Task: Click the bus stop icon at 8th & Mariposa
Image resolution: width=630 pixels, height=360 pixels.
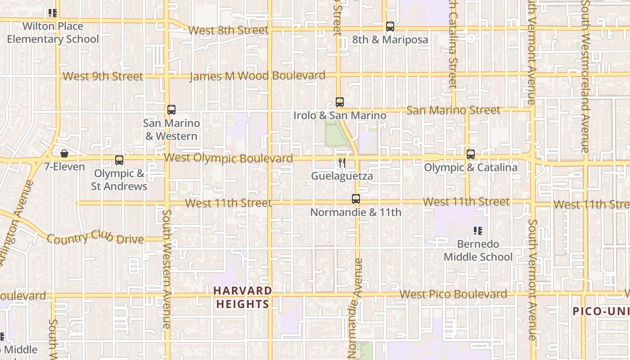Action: [x=390, y=27]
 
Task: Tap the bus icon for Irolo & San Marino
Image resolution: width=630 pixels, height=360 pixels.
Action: [x=340, y=102]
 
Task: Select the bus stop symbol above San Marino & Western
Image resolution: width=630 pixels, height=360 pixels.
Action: [x=171, y=109]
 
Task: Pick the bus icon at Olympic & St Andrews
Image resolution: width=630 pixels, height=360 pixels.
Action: [x=119, y=160]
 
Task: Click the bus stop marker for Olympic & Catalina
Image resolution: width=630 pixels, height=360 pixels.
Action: [x=471, y=154]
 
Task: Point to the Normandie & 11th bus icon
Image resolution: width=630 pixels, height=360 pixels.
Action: [x=356, y=198]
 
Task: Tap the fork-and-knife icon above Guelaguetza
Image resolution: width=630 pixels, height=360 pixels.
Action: [x=342, y=163]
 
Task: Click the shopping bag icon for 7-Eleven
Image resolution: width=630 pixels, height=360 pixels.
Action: [x=64, y=153]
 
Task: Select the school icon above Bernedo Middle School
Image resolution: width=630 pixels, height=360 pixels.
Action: [x=478, y=231]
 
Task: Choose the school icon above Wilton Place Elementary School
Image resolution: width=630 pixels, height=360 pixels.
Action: [x=53, y=13]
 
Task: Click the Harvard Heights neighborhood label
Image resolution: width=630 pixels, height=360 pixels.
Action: [x=243, y=297]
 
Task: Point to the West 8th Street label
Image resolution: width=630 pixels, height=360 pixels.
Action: [x=228, y=31]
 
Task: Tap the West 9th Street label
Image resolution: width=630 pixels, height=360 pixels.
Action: [x=103, y=76]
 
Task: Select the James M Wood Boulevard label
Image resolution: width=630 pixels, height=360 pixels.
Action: [x=257, y=76]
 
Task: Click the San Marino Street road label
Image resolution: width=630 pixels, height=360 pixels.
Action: [x=453, y=110]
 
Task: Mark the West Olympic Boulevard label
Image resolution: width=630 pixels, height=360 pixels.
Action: [x=229, y=158]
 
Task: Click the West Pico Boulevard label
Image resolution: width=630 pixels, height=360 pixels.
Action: [x=453, y=294]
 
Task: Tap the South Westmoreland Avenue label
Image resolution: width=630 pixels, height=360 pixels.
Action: [x=585, y=76]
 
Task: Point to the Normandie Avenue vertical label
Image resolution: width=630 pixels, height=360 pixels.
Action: [x=355, y=308]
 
